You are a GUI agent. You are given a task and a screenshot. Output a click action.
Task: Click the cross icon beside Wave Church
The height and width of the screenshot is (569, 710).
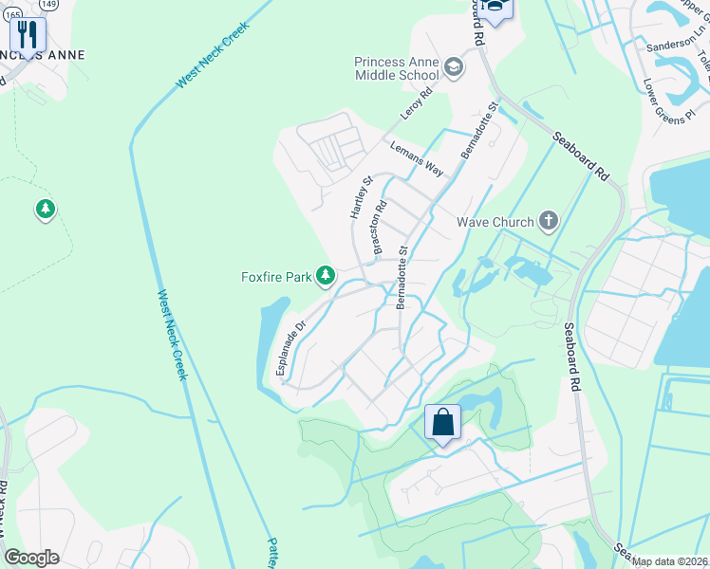pos(548,221)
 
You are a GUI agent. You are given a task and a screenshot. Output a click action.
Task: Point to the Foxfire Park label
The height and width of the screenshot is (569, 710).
pos(276,277)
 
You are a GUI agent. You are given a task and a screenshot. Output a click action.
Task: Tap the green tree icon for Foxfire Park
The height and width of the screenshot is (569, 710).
pos(326,276)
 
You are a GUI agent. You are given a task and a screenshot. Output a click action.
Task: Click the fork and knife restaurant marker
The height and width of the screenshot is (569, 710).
pos(28,35)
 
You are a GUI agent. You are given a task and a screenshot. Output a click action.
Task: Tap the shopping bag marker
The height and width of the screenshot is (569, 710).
pos(442,422)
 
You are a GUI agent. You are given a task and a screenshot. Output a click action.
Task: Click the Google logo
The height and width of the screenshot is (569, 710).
pos(31,558)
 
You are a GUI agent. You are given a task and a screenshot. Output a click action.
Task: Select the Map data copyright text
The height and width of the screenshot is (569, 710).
pos(669,561)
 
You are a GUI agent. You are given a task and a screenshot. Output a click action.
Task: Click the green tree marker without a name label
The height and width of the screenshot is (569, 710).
pos(45,210)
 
